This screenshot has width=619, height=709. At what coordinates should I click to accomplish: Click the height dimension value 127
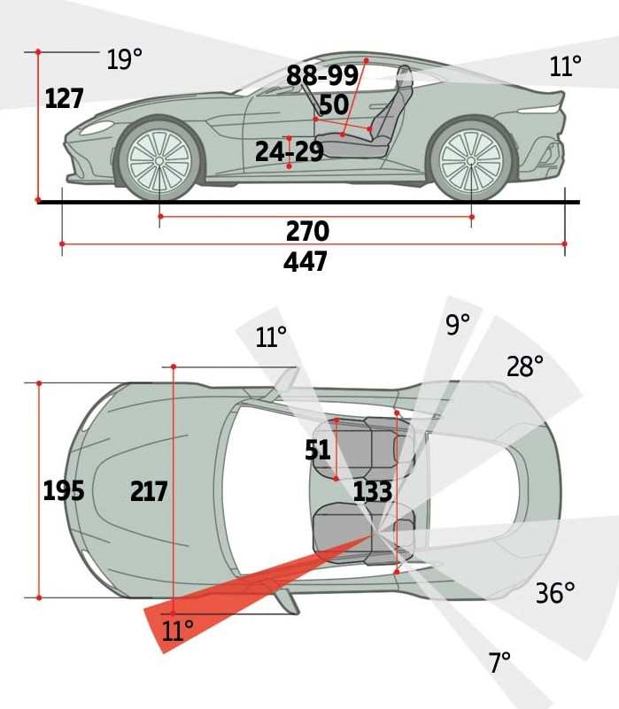[x=64, y=98]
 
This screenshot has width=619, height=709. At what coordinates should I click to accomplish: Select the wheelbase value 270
[x=307, y=232]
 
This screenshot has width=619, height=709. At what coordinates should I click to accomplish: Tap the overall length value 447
[x=306, y=262]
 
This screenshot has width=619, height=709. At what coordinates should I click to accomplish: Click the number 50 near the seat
[x=333, y=105]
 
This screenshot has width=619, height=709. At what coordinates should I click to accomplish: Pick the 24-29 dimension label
[x=289, y=152]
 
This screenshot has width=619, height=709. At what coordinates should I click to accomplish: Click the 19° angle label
[x=124, y=60]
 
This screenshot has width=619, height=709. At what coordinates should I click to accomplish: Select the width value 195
[x=64, y=490]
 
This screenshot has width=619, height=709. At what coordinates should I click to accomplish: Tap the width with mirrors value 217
[x=149, y=490]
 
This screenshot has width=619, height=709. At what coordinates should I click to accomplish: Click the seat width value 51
[x=318, y=451]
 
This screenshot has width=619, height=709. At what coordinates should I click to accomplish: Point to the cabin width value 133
[x=372, y=491]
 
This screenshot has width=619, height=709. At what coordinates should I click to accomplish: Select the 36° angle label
[x=555, y=593]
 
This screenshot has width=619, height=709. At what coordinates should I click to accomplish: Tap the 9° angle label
[x=458, y=325]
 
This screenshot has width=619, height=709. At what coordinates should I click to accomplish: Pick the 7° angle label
[x=499, y=662]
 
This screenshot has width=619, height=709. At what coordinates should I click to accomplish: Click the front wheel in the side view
[x=159, y=160]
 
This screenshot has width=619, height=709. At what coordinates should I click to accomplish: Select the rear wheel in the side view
[x=470, y=160]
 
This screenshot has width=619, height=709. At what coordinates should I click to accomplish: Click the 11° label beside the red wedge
[x=177, y=631]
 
